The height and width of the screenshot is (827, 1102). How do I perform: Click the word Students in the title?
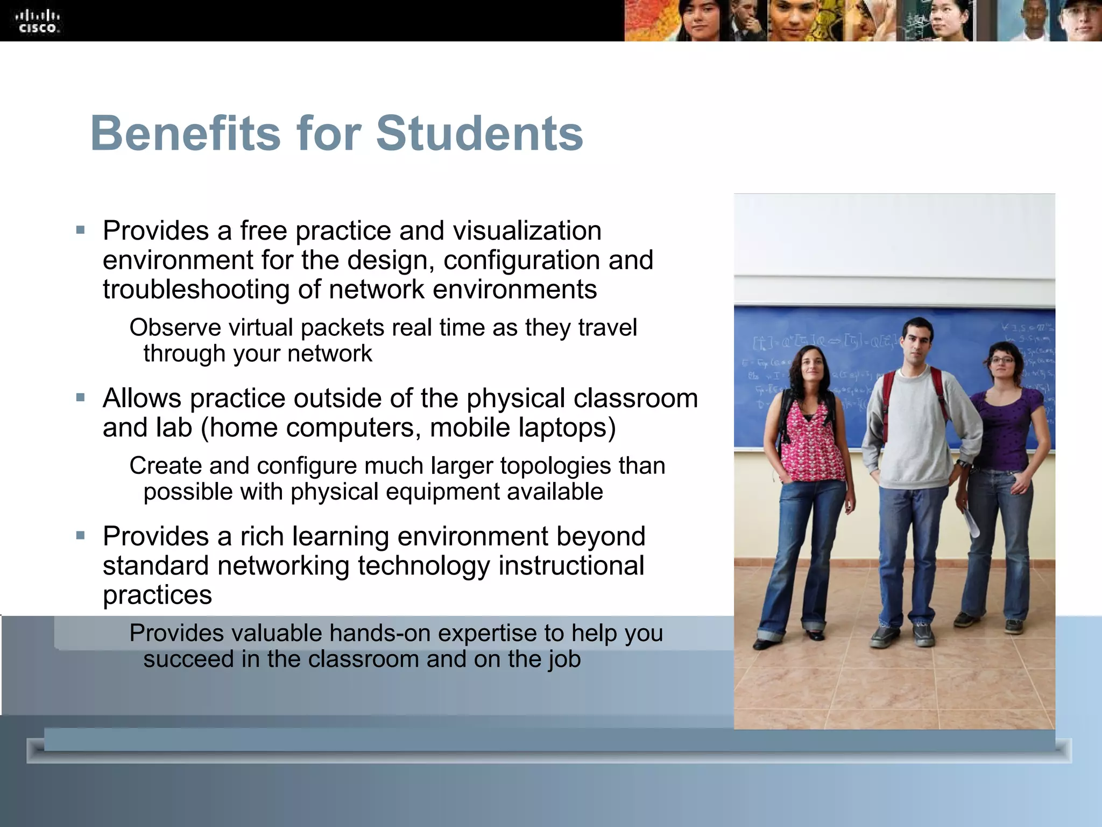pos(479,134)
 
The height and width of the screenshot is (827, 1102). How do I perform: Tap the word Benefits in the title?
pos(185,134)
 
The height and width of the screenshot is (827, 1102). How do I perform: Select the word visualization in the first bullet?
pos(527,231)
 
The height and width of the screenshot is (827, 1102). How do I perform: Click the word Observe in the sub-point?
pos(175,328)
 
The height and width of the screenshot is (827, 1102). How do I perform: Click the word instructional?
pos(571,566)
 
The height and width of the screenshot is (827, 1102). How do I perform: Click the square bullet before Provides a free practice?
pos(81,230)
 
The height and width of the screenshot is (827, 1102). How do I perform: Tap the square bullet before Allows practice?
pos(81,398)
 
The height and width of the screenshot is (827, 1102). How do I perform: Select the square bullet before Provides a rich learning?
pos(81,536)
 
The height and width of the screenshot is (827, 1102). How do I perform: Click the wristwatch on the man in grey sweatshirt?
pos(962,463)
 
